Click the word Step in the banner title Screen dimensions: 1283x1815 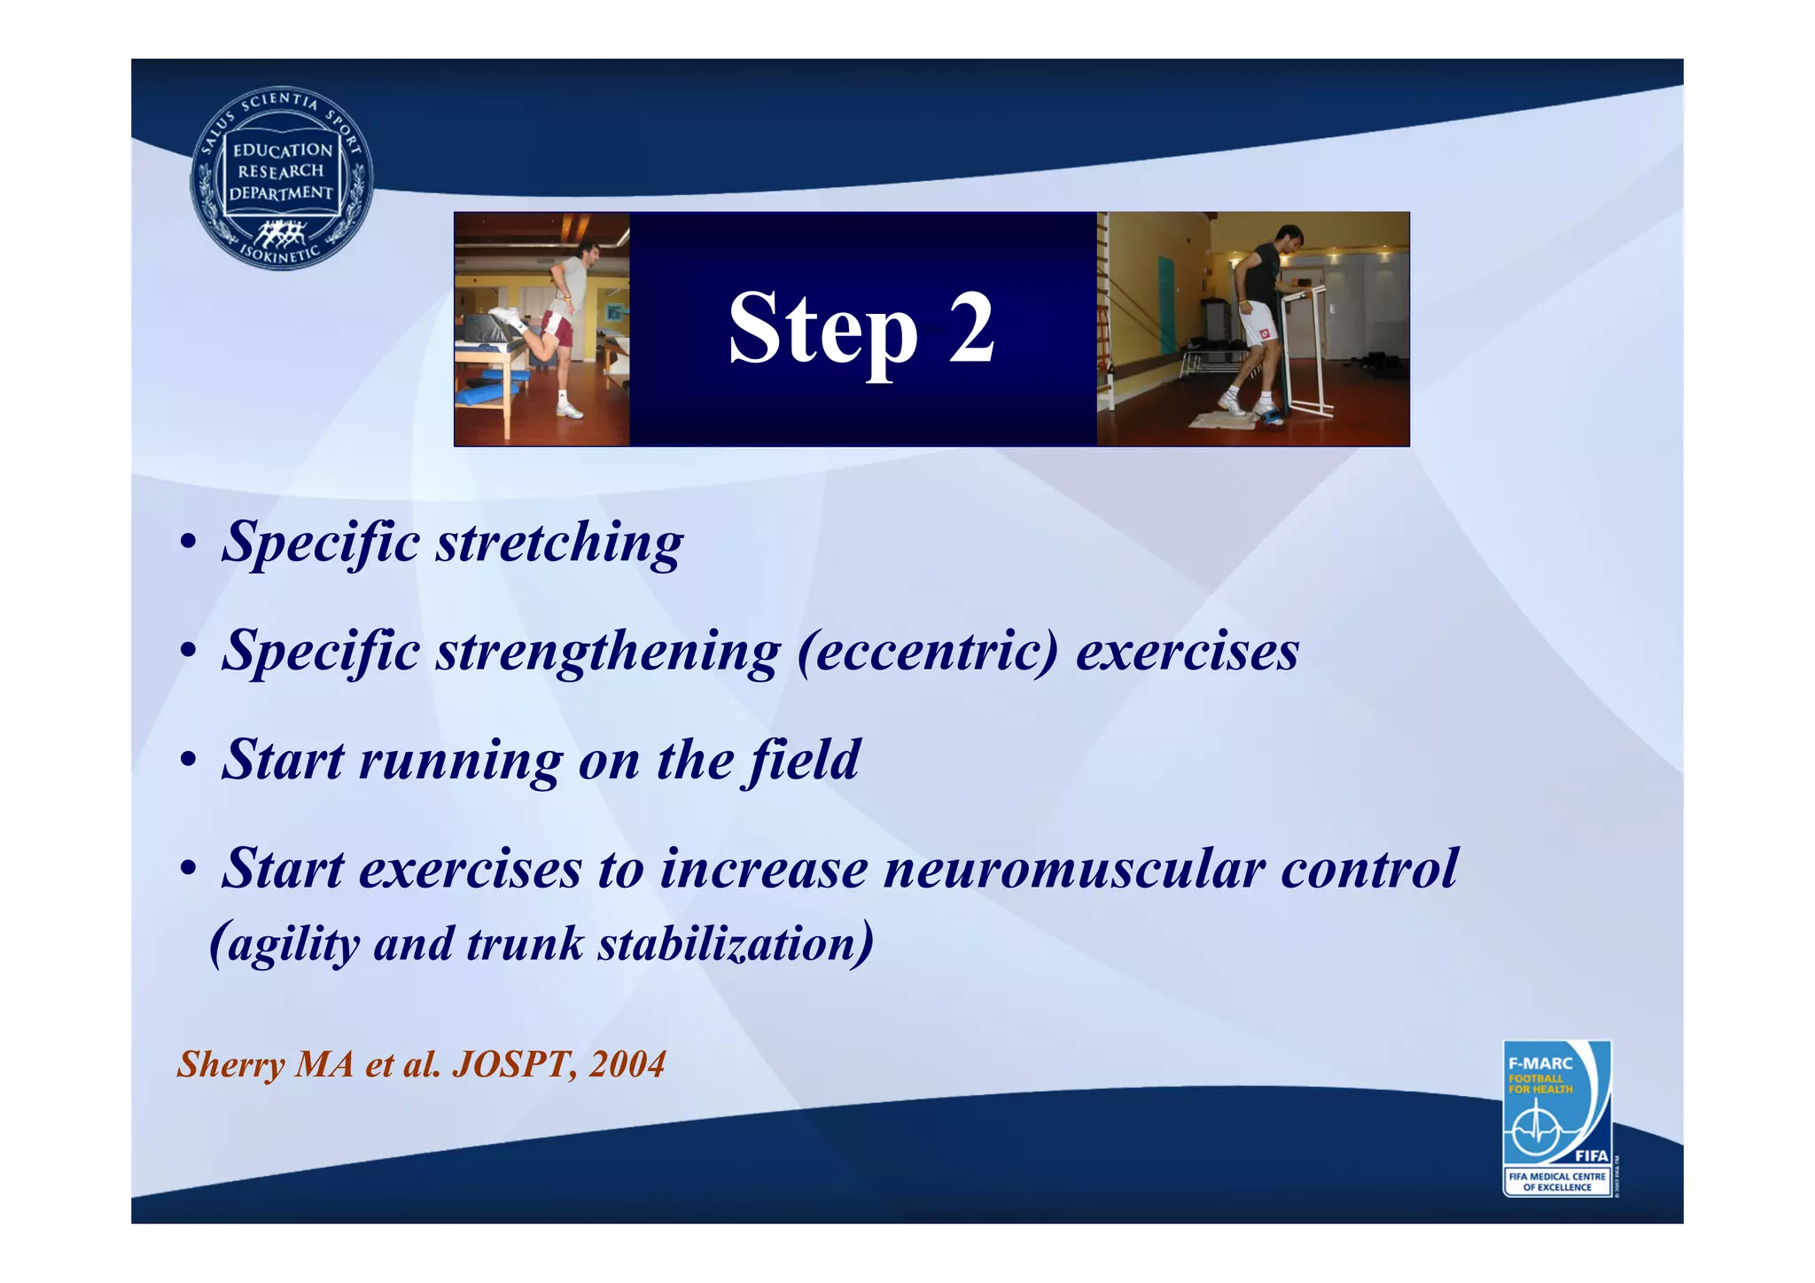click(822, 330)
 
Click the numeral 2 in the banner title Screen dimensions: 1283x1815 click(971, 328)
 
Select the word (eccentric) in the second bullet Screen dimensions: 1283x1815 click(928, 651)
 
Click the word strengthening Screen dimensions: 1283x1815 click(608, 653)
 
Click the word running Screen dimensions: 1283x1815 click(460, 762)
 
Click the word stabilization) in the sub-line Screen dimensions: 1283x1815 click(736, 943)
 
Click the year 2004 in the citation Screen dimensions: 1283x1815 click(627, 1064)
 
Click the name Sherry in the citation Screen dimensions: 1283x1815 click(230, 1065)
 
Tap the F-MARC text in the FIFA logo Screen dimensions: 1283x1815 click(1540, 1063)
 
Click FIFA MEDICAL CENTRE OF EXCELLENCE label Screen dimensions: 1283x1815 click(1556, 1182)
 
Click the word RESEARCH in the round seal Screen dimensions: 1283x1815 click(281, 171)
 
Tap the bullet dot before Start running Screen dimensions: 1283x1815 click(187, 762)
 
